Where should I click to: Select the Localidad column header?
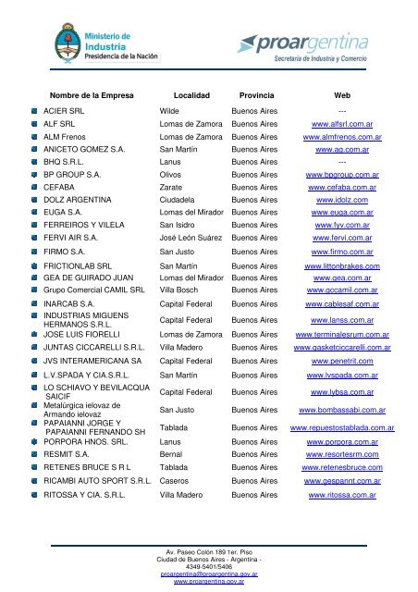pos(189,95)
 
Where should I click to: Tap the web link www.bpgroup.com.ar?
pos(343,174)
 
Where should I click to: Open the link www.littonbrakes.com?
pos(343,266)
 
